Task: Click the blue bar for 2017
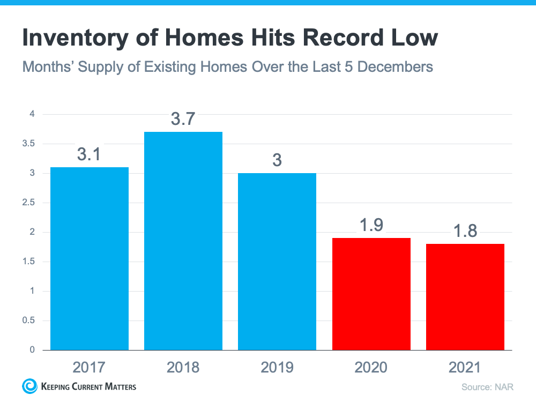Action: tap(90, 258)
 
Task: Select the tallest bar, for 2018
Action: tap(183, 241)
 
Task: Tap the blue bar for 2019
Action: tap(277, 262)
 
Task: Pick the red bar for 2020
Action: tap(371, 294)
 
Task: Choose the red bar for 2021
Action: tap(465, 297)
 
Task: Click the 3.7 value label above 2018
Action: tap(183, 119)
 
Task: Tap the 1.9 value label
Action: tap(371, 225)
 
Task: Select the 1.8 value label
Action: tap(465, 231)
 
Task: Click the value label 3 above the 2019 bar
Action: tap(277, 160)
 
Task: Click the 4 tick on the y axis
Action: tap(32, 114)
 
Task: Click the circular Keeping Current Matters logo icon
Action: tap(30, 386)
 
